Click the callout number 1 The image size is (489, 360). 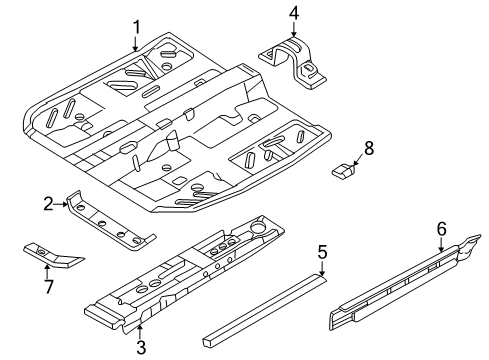pos(137,27)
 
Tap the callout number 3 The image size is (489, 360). pos(141,346)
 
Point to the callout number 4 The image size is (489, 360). pos(293,13)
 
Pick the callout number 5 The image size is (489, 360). pos(322,253)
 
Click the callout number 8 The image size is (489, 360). pos(369,148)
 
